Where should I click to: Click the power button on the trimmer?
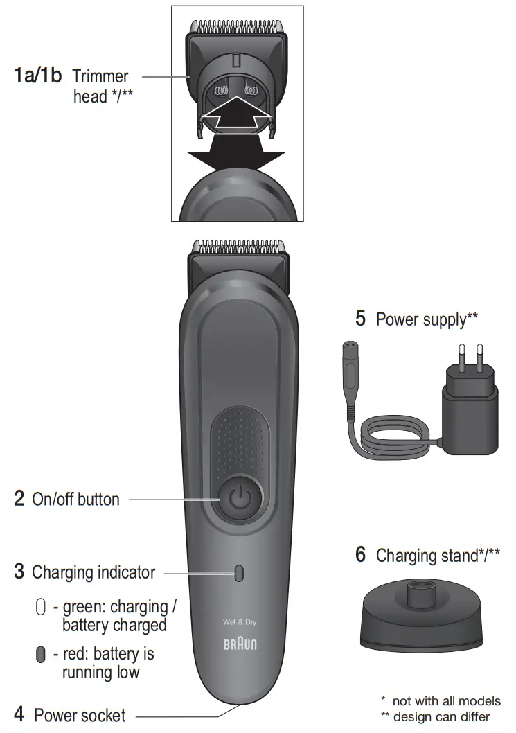(x=238, y=498)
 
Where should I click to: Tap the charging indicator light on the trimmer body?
(x=239, y=573)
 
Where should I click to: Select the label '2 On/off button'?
(x=66, y=499)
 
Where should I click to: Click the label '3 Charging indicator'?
(x=84, y=573)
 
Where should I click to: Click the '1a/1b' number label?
(x=39, y=76)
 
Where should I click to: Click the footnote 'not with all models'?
(x=441, y=701)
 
